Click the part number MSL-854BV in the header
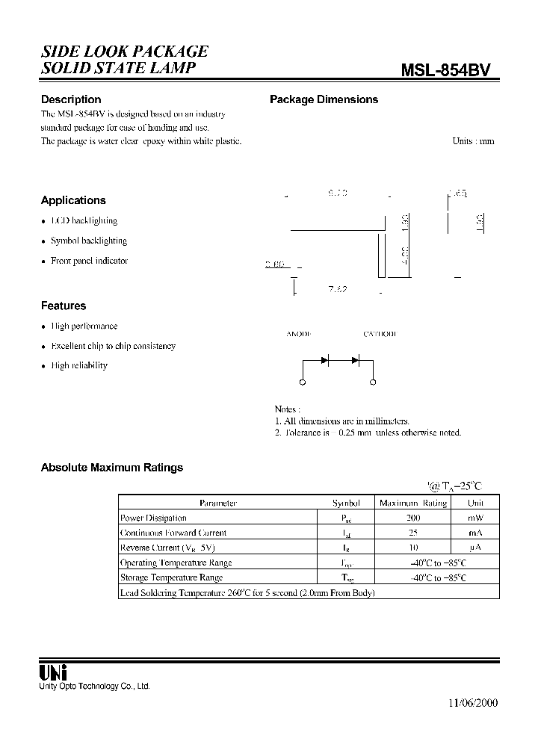(446, 70)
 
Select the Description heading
(71, 99)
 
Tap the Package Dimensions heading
(324, 99)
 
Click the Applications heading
(73, 200)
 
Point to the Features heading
(64, 306)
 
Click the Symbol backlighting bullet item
(89, 241)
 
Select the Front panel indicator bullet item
(89, 261)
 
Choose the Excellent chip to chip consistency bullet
(113, 346)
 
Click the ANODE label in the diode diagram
(299, 334)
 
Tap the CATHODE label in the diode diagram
(380, 334)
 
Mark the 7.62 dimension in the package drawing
(338, 289)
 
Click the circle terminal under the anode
(302, 384)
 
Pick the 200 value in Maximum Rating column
(413, 518)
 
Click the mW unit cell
(476, 518)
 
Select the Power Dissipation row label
(153, 518)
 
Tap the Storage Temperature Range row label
(171, 577)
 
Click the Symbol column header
(346, 503)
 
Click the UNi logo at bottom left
(52, 672)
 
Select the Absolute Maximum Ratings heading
(112, 468)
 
